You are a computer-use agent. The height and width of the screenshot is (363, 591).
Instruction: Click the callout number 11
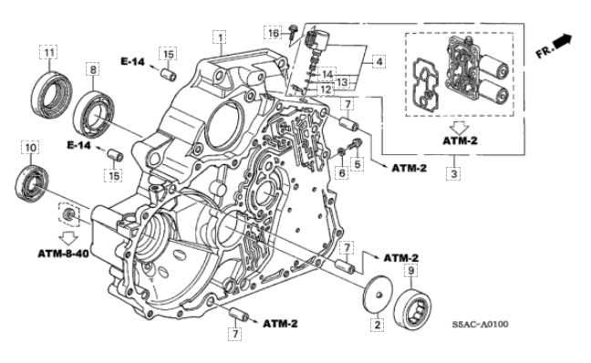tap(49, 53)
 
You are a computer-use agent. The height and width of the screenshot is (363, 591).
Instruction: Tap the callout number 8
tap(93, 69)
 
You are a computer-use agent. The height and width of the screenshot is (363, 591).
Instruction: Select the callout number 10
tap(31, 148)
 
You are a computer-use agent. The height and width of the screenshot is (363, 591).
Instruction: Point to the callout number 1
tap(220, 37)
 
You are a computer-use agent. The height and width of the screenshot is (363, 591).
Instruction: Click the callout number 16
tap(274, 33)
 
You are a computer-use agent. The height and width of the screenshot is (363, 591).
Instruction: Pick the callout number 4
tap(379, 61)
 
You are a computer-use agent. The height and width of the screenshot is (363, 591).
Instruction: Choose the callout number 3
tap(454, 174)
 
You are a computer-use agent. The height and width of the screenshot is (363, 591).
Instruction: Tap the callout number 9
tap(410, 270)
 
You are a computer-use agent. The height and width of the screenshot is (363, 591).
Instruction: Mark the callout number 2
tap(377, 325)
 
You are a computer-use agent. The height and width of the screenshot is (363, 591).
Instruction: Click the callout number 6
tap(342, 172)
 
